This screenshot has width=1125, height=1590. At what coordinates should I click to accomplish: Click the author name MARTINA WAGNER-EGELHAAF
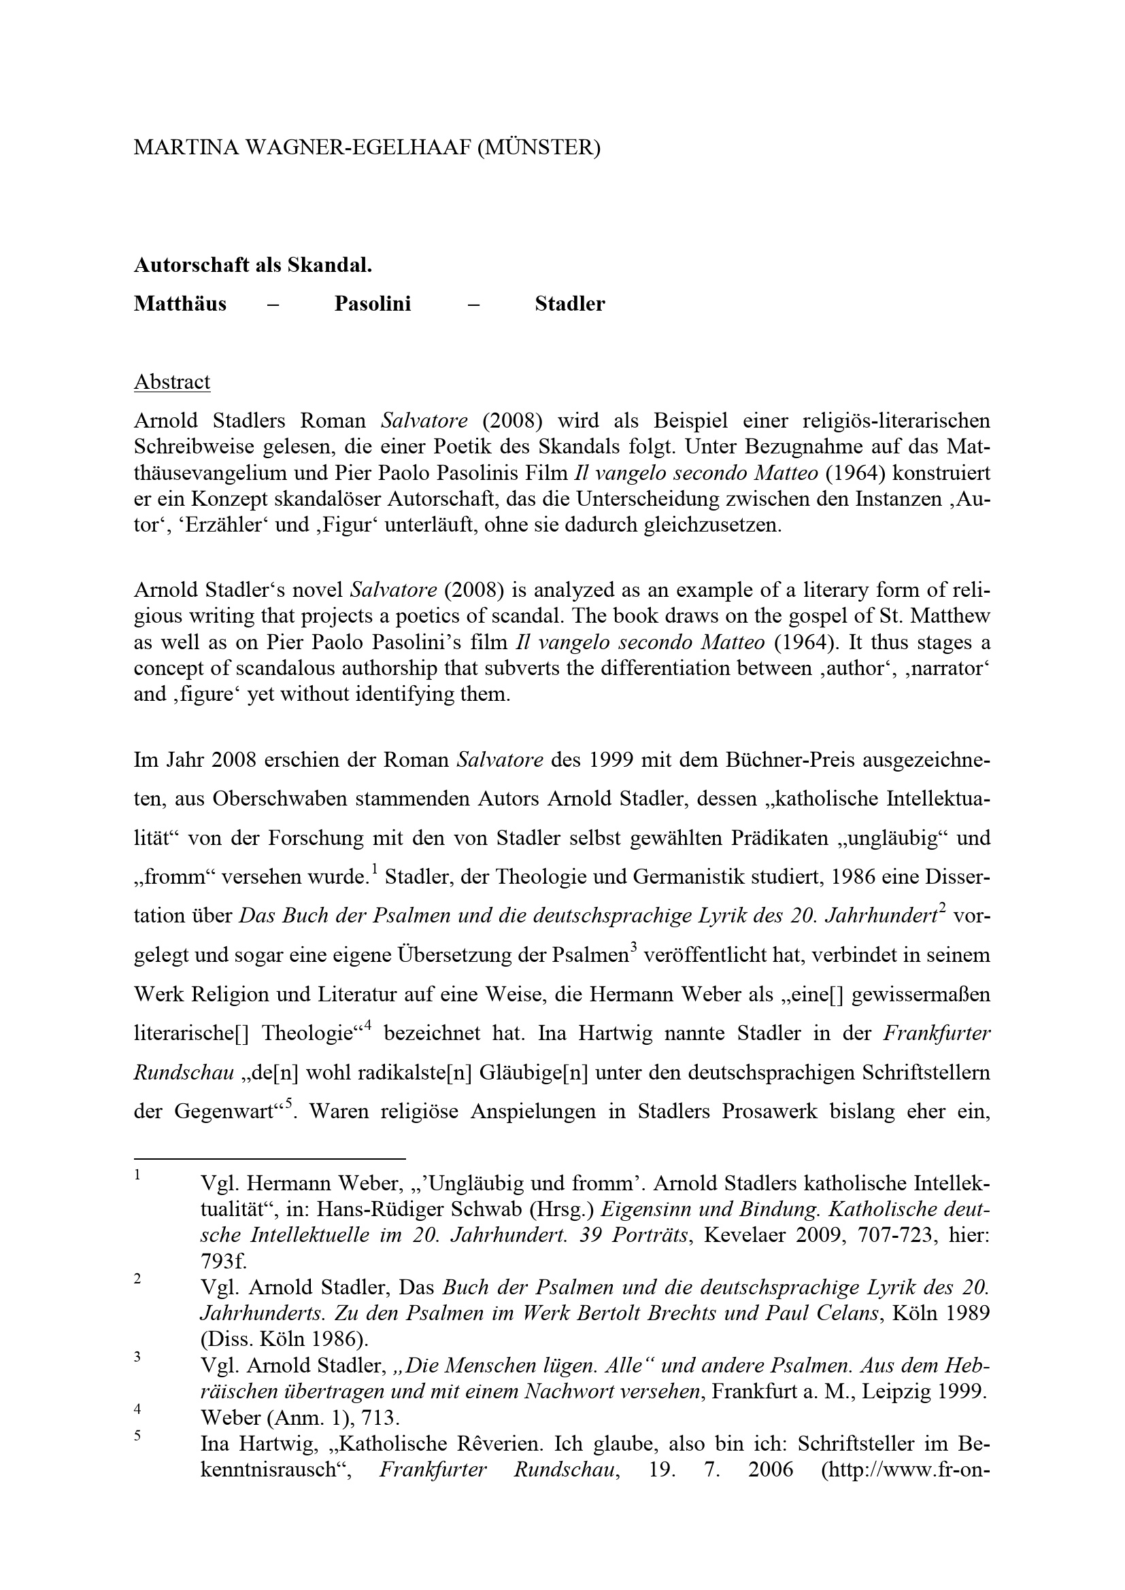point(302,148)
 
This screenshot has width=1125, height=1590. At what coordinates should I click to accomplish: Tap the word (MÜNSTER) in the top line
point(538,148)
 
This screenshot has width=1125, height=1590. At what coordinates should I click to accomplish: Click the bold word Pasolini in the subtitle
point(373,304)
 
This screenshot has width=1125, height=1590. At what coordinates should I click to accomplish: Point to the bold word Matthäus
point(180,304)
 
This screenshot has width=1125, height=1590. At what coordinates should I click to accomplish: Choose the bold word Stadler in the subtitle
point(570,304)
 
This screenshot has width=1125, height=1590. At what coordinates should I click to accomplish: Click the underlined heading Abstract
point(172,382)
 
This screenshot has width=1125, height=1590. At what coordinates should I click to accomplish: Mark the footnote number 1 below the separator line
point(138,1175)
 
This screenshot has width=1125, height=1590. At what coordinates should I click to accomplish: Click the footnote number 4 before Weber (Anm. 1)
point(138,1408)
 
